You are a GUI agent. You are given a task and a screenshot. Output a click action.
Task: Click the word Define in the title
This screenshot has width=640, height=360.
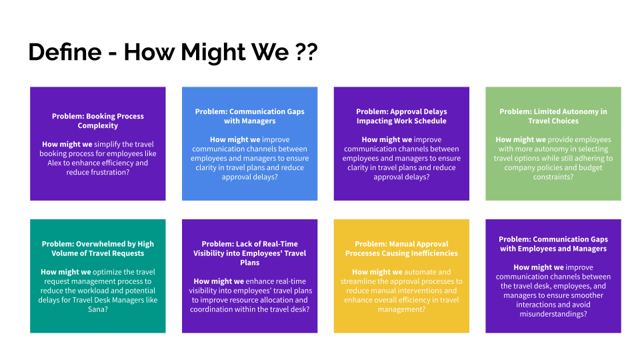pyautogui.click(x=65, y=52)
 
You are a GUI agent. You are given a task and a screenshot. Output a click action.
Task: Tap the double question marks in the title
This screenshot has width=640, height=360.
pyautogui.click(x=306, y=52)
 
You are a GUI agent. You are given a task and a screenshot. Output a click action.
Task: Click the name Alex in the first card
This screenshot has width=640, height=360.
pyautogui.click(x=54, y=163)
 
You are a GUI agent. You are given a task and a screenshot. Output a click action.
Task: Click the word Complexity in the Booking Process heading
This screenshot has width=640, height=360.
pyautogui.click(x=98, y=126)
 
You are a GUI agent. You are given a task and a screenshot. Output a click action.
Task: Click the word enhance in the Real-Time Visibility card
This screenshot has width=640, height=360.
pyautogui.click(x=259, y=281)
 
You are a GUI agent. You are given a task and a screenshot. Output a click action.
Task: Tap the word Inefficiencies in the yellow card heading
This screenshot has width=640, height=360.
pyautogui.click(x=431, y=253)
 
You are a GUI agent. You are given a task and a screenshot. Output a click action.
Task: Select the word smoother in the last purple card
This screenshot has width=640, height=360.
pyautogui.click(x=588, y=295)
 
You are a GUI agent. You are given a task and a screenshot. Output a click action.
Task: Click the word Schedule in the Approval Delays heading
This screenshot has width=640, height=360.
pyautogui.click(x=430, y=121)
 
